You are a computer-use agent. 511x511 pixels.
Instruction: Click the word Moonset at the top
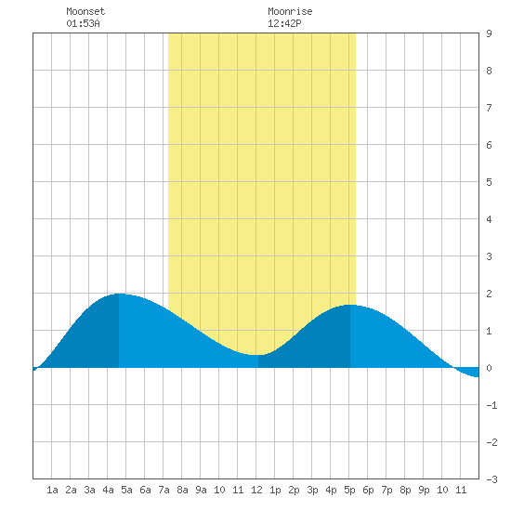click(85, 11)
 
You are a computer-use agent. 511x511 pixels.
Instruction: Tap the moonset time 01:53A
click(83, 23)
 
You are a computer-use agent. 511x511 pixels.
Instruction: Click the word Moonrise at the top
click(290, 11)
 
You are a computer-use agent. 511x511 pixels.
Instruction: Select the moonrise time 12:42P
click(284, 23)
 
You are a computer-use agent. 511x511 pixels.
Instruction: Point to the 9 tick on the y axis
click(489, 33)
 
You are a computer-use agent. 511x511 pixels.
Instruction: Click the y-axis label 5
click(489, 182)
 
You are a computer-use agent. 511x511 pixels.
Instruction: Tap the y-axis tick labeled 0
click(489, 368)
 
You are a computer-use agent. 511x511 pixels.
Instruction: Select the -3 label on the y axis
click(491, 479)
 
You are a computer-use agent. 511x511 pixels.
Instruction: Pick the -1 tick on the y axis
click(491, 405)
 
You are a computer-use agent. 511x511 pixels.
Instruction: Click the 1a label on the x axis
click(52, 490)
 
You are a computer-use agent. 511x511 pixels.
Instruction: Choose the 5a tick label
click(126, 490)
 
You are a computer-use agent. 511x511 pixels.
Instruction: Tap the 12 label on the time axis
click(256, 490)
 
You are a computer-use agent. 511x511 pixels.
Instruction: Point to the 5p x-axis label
click(349, 490)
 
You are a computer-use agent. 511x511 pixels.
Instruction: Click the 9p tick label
click(424, 490)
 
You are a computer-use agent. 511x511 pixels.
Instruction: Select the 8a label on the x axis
click(182, 490)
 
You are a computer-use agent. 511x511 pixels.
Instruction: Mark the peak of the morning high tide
click(119, 294)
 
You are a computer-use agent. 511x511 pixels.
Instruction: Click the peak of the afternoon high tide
click(350, 305)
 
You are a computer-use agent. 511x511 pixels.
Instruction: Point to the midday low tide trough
click(258, 355)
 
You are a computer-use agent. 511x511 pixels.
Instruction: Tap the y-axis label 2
click(489, 294)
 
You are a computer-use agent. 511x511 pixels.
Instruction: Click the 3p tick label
click(312, 490)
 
